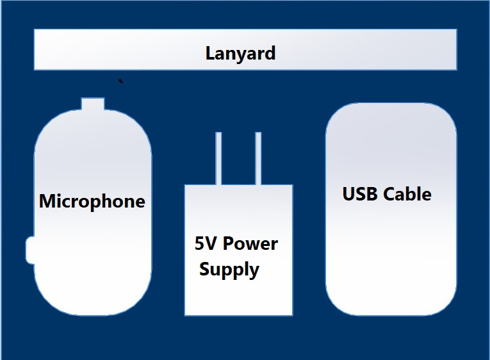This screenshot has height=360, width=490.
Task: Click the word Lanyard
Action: click(x=240, y=53)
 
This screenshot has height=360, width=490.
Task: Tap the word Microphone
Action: click(x=92, y=201)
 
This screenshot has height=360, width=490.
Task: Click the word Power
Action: click(x=250, y=244)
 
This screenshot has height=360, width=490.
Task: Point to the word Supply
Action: click(x=229, y=270)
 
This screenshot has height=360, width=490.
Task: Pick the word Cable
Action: click(x=408, y=194)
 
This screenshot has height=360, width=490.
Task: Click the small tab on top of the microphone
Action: click(x=93, y=104)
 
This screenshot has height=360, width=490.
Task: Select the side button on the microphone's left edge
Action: click(x=29, y=250)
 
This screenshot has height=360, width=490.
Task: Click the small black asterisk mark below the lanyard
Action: click(x=120, y=81)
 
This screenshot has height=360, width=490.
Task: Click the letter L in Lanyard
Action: click(x=209, y=53)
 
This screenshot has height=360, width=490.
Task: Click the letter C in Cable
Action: click(x=390, y=194)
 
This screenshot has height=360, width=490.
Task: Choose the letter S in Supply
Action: click(x=204, y=269)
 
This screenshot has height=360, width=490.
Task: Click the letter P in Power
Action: click(x=228, y=244)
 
